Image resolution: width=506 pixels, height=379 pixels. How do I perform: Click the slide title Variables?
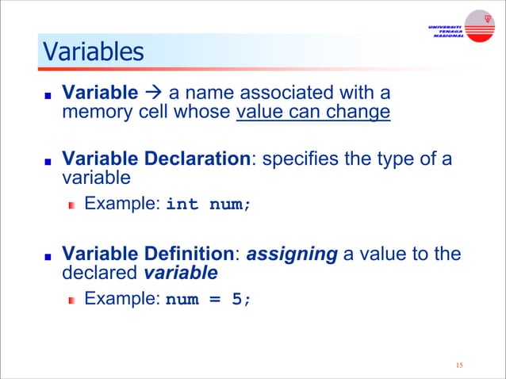(93, 52)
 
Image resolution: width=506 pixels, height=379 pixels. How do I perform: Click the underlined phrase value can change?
(313, 112)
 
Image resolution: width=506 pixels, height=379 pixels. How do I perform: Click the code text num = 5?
(207, 300)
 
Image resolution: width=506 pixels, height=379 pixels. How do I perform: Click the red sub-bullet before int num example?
(71, 205)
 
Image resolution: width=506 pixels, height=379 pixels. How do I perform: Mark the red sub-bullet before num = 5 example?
(71, 301)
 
